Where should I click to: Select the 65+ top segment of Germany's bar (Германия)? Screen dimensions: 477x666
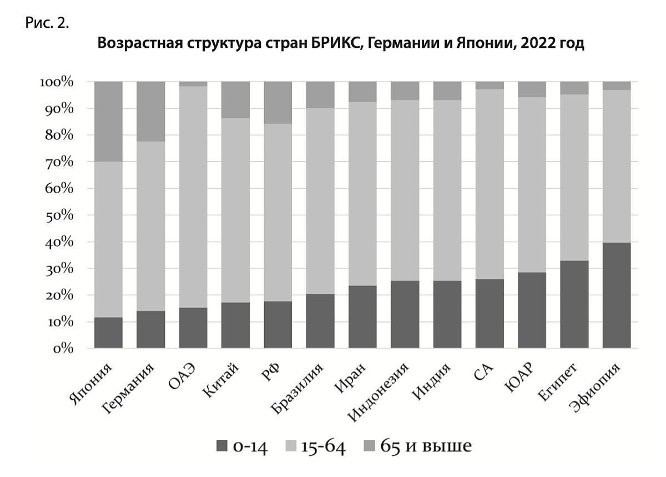(x=150, y=111)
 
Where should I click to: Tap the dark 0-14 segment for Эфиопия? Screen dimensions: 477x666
(x=617, y=295)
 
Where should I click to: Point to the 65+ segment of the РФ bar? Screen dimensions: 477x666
(x=277, y=103)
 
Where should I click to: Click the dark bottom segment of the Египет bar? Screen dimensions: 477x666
(x=574, y=304)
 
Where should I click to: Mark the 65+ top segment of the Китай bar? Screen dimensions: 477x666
(x=235, y=100)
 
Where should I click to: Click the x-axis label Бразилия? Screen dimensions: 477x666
(x=299, y=389)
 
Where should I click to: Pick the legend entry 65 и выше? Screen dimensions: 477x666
(x=426, y=446)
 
